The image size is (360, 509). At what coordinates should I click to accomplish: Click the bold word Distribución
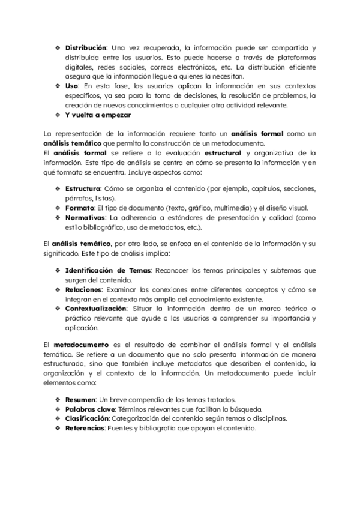[86, 47]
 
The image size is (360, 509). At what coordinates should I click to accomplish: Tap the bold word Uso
[71, 86]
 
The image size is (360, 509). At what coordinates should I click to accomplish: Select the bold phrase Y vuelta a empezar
[98, 115]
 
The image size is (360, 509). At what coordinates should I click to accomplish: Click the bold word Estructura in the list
[83, 188]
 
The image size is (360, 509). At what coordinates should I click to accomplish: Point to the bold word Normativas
[86, 217]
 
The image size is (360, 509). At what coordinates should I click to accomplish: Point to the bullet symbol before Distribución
[58, 47]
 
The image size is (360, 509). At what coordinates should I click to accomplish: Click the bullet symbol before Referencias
[58, 428]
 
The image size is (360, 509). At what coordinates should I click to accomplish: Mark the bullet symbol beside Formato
[58, 208]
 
